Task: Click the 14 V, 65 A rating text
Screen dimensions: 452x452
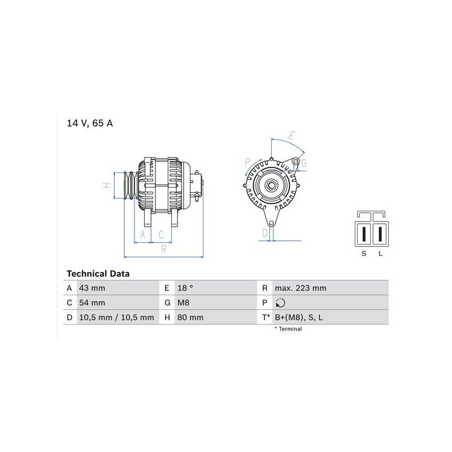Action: [x=90, y=123]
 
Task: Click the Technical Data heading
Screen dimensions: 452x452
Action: [x=98, y=273]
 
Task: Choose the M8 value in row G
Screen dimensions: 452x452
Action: [x=183, y=303]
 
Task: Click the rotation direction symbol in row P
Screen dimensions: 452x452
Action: [x=280, y=303]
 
